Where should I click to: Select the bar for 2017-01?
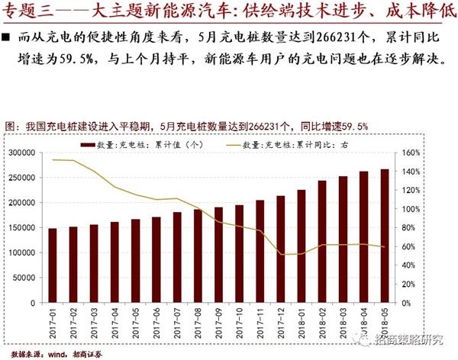point(53,265)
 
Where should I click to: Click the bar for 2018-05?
point(385,235)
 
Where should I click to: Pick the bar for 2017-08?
point(198,256)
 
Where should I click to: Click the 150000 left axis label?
point(24,227)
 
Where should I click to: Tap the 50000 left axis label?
point(27,278)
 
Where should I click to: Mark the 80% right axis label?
point(409,227)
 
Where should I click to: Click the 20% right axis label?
point(409,284)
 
